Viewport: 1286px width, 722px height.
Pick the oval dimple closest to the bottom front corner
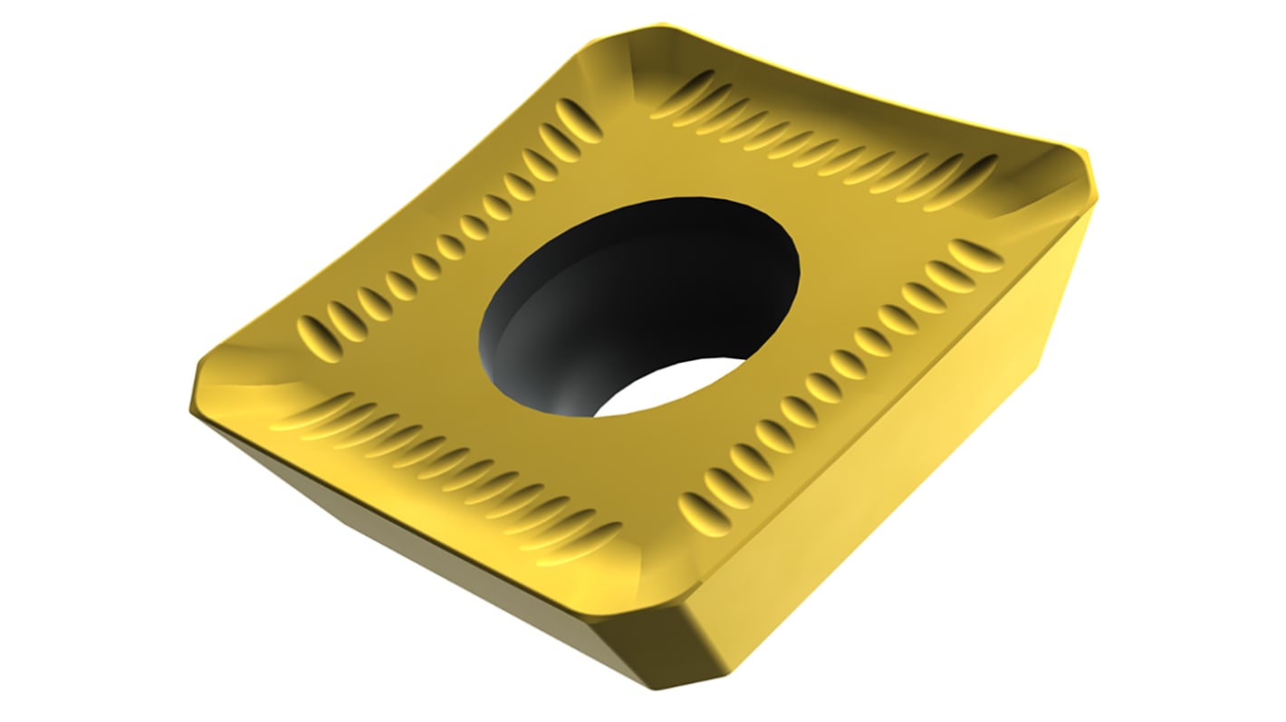(703, 512)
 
